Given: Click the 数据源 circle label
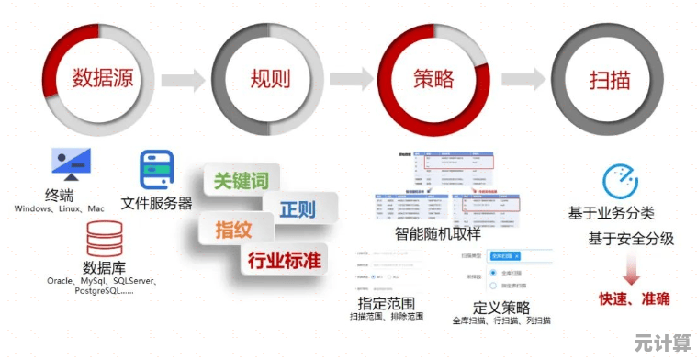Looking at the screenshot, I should point(102,78).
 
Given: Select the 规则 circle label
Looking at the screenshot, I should point(269,79).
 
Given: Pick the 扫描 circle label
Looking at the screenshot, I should point(609,79).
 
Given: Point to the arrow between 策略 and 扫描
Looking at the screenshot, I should point(525,79).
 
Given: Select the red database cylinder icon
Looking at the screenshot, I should point(103,238).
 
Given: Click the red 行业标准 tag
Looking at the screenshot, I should point(285,260).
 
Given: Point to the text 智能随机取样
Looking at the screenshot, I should point(444,233).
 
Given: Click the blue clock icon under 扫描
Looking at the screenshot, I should point(621,182).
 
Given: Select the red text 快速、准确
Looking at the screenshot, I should point(634,298).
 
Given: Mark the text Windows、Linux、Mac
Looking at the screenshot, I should point(59,209).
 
